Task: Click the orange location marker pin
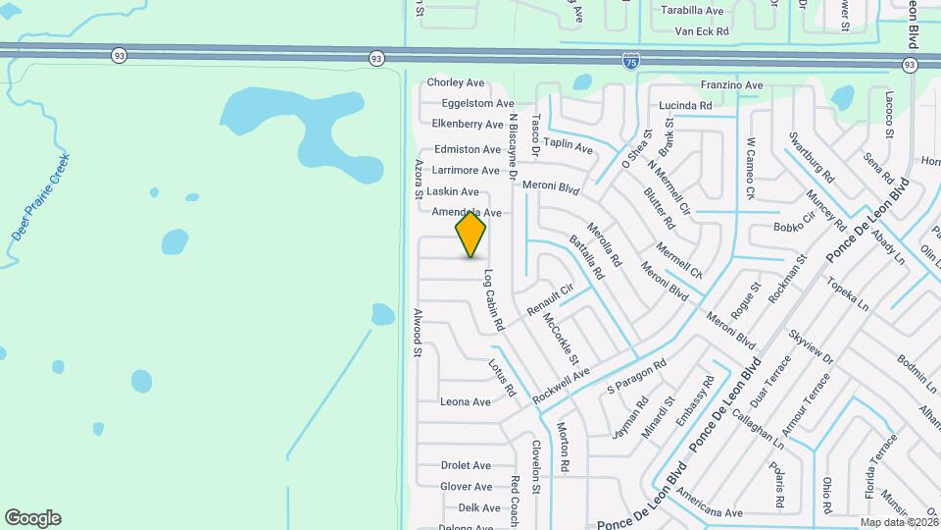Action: tap(471, 235)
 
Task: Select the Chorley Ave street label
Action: tap(456, 82)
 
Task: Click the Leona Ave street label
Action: tap(466, 401)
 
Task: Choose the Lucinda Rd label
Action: tap(685, 105)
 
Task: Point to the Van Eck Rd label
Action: tap(703, 31)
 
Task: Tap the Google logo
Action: tap(32, 518)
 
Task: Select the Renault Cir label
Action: tap(550, 300)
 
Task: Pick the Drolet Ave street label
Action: tap(467, 465)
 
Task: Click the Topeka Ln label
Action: tap(848, 293)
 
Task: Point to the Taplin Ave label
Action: tap(569, 146)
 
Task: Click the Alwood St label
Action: tap(417, 333)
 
